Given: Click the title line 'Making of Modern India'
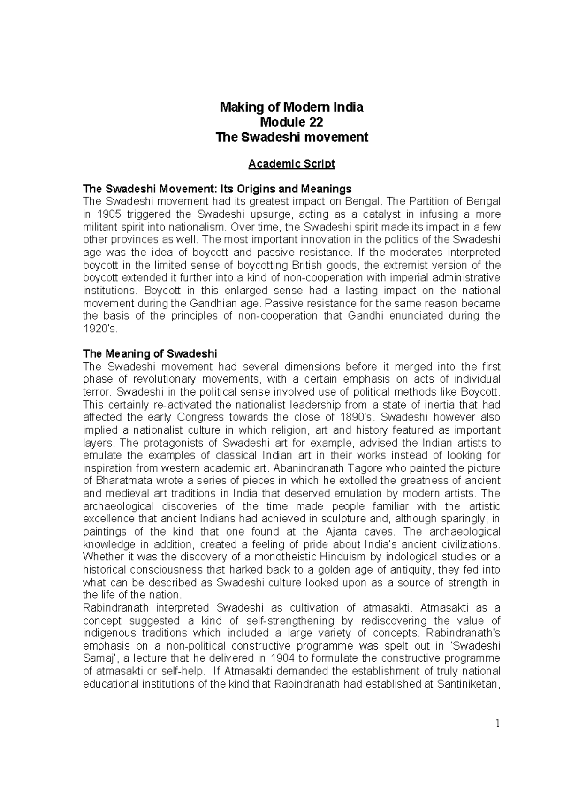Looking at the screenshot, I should click(291, 107).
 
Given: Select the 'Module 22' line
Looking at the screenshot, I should click(291, 122).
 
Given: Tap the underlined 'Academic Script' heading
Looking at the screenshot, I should click(291, 164).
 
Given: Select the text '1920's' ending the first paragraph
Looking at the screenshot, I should click(98, 329).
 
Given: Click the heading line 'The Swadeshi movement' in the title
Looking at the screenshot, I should click(291, 138).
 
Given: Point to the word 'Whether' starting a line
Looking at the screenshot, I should click(103, 557).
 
